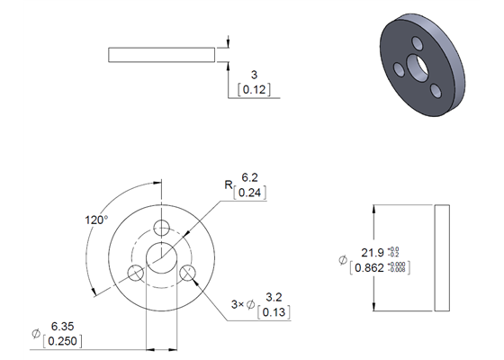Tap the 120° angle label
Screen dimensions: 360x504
point(96,219)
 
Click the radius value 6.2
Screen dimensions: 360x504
point(248,179)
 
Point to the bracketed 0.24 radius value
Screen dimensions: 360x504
point(248,193)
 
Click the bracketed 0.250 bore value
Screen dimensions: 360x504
point(62,340)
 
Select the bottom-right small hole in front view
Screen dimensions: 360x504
point(188,272)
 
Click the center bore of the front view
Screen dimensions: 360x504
point(162,256)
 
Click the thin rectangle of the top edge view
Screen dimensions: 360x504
point(162,54)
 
